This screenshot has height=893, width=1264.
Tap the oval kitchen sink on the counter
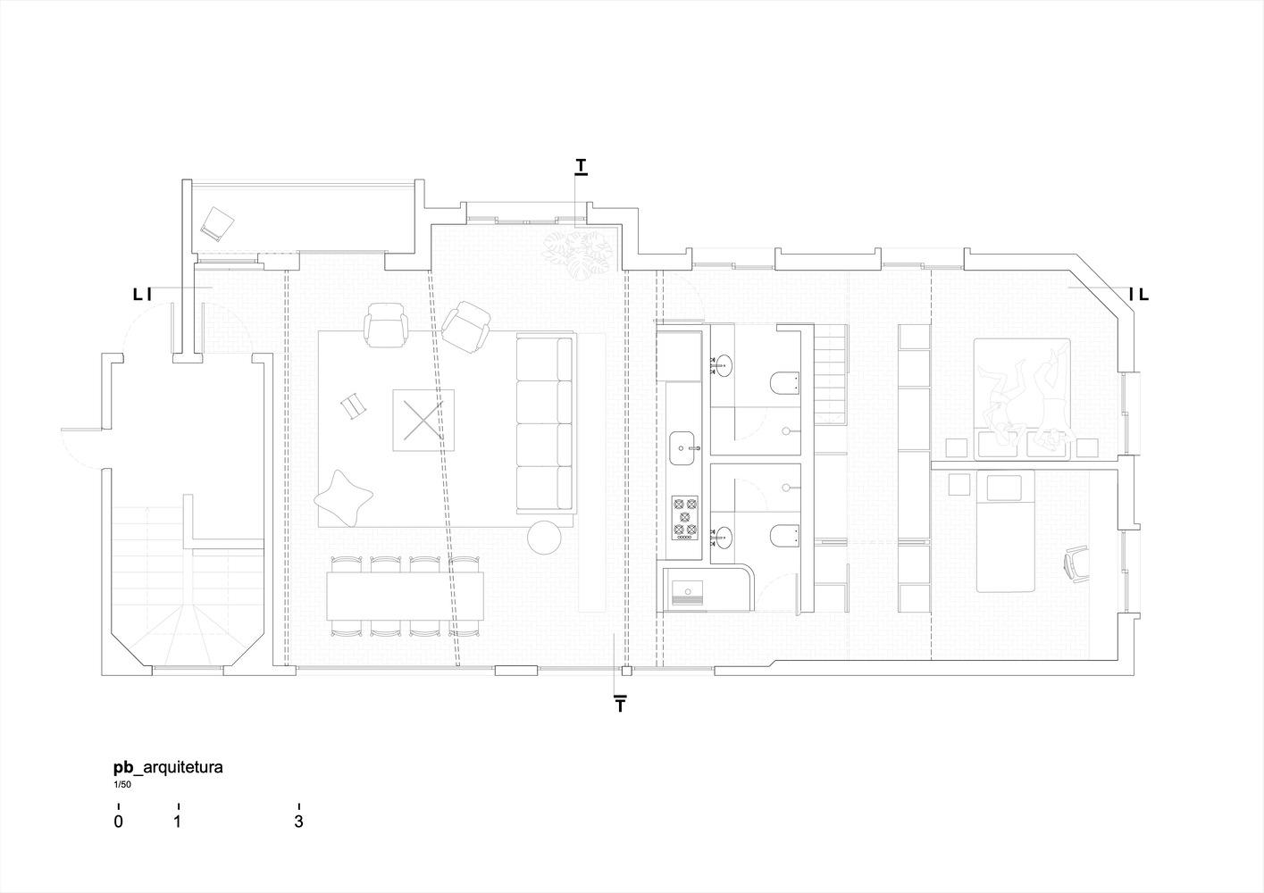[x=683, y=448]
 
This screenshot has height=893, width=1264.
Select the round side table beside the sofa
[x=545, y=537]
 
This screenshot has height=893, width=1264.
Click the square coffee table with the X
[x=423, y=421]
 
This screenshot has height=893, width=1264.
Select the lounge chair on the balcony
[x=217, y=223]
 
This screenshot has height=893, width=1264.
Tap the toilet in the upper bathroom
[x=785, y=383]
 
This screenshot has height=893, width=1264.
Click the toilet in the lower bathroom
[x=785, y=536]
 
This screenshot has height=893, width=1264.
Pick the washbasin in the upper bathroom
[x=722, y=365]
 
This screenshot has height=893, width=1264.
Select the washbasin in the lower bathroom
[x=722, y=538]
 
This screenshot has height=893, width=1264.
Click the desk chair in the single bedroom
[x=1076, y=564]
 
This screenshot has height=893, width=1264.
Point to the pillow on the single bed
[x=1004, y=488]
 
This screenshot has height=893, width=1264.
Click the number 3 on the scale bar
[x=298, y=822]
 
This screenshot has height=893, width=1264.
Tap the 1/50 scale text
[x=122, y=785]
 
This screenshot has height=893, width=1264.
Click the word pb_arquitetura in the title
[x=168, y=768]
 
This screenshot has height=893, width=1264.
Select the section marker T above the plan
[x=581, y=167]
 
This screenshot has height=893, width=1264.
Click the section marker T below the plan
[x=620, y=705]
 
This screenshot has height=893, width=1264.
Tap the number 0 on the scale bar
[x=118, y=822]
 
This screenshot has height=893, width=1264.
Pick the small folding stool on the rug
[x=355, y=405]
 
